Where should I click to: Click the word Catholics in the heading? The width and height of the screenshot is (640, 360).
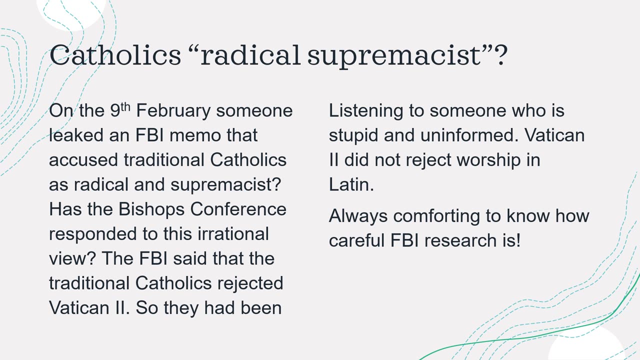click(115, 54)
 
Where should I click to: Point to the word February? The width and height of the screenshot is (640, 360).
click(173, 111)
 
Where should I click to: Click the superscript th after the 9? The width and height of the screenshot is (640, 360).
click(125, 107)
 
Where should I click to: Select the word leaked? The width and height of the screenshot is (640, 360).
click(76, 135)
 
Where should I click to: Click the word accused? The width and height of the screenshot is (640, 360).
click(83, 160)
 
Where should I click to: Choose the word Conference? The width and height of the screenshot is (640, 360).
click(238, 209)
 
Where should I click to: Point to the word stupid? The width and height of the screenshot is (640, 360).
click(353, 135)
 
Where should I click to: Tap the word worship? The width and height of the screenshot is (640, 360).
click(488, 160)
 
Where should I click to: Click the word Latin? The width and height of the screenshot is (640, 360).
click(351, 184)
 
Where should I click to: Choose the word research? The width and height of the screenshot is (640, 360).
click(459, 240)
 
